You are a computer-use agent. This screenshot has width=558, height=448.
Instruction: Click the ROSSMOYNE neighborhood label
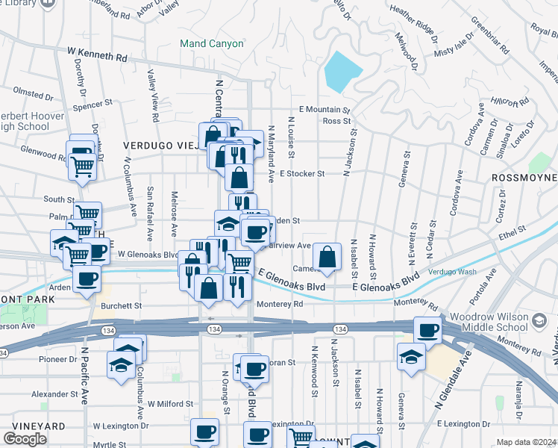point(525,178)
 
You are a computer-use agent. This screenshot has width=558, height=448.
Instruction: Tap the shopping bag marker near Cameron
point(327,258)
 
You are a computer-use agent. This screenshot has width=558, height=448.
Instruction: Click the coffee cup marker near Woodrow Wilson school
point(428,329)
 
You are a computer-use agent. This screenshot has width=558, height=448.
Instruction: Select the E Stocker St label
point(302,173)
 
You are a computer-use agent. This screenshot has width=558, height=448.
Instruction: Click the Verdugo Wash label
point(452,272)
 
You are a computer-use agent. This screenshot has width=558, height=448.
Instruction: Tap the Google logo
point(25,439)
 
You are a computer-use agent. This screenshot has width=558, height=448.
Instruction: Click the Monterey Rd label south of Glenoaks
point(280,304)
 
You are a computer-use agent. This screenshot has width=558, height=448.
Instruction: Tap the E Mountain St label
point(325,109)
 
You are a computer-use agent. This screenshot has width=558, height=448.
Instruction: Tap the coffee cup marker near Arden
point(87,280)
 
